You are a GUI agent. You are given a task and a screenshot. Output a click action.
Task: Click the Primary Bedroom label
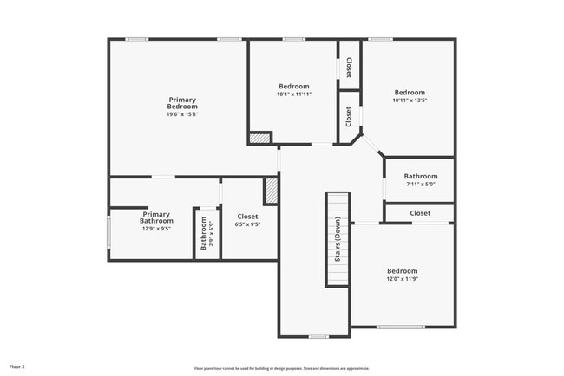(182, 103)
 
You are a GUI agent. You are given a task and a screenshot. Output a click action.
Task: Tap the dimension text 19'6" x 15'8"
(182, 114)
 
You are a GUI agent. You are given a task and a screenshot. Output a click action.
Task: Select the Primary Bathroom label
(156, 217)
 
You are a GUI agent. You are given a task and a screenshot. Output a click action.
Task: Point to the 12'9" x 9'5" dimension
(156, 230)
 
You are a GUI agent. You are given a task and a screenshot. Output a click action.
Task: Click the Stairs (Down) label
(337, 241)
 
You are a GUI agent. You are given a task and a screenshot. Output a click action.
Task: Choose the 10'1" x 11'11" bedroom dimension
(294, 94)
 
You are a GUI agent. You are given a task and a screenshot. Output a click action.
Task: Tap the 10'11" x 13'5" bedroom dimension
(410, 100)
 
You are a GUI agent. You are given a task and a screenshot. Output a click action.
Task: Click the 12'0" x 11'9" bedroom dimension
(402, 279)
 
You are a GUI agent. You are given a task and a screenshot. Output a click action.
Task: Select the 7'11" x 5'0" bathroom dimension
(420, 184)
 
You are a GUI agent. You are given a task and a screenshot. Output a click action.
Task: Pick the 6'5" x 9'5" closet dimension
(248, 224)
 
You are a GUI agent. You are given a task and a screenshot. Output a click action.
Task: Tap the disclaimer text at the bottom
(283, 367)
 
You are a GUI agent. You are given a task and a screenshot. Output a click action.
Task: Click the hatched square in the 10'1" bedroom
(259, 137)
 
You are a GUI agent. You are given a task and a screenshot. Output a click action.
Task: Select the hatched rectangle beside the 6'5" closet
(271, 191)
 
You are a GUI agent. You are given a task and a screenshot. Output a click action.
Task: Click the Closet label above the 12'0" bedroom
(420, 212)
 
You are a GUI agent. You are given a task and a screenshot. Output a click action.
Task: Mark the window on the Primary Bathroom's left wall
(108, 232)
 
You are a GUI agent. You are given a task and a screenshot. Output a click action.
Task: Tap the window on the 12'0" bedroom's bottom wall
(400, 327)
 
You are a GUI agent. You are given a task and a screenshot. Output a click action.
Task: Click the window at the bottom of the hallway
(318, 336)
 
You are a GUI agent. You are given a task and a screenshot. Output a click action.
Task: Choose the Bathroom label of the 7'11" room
(420, 176)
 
